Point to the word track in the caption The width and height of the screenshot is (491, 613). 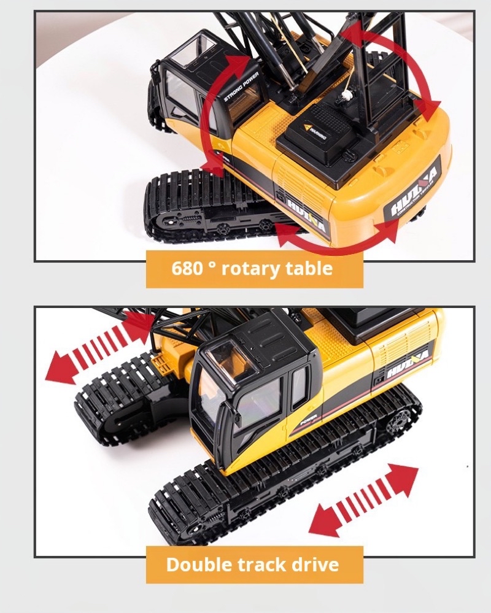click(261, 564)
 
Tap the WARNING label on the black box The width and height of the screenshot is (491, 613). click(317, 129)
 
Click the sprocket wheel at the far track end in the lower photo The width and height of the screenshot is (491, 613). click(399, 421)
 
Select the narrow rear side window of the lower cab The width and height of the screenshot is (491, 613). click(299, 387)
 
